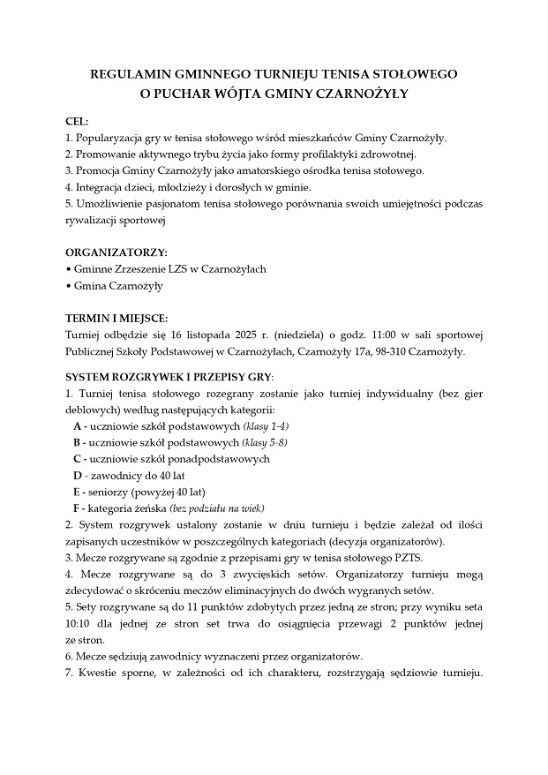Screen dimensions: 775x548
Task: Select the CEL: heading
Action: (77, 121)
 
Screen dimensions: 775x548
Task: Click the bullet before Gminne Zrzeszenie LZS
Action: (69, 269)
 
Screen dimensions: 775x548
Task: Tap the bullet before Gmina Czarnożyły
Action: (69, 286)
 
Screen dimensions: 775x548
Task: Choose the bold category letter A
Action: (78, 426)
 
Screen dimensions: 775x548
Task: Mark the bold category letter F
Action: (78, 508)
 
